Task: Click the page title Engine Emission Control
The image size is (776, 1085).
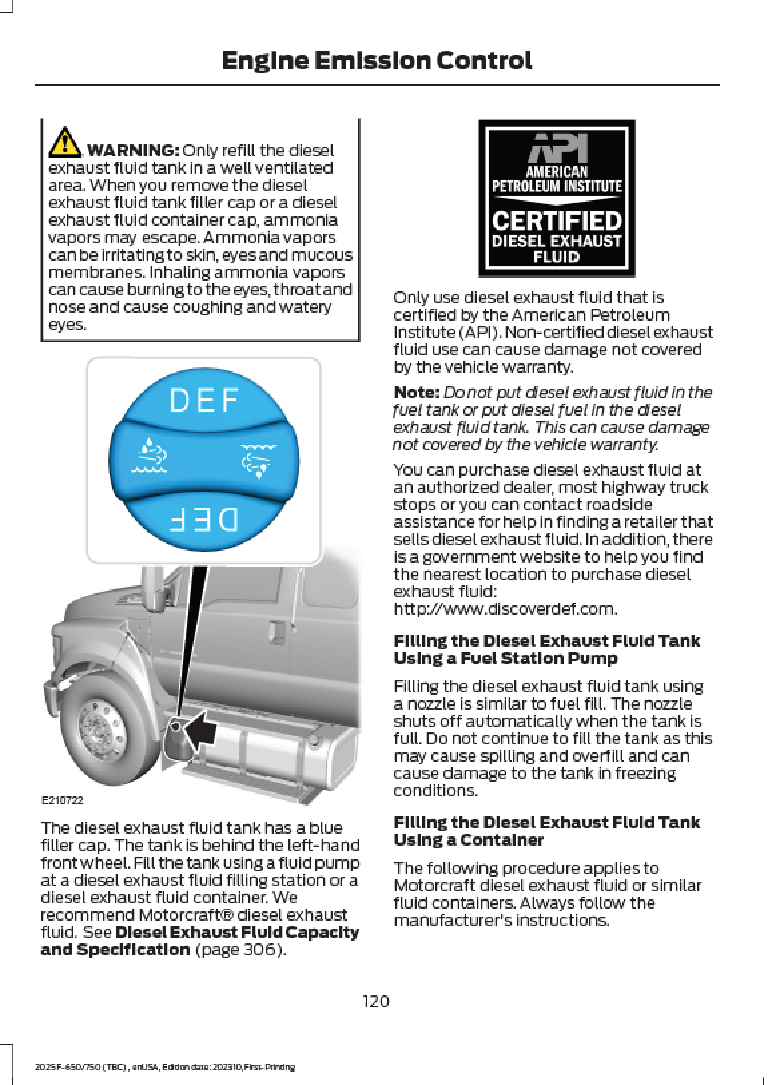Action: point(376,61)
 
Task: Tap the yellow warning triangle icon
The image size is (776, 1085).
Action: point(65,140)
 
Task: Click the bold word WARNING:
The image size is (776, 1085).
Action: point(133,150)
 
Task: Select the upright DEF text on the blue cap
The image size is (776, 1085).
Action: point(204,401)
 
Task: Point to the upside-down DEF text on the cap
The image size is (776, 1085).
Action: point(204,519)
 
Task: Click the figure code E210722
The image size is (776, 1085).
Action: point(63,800)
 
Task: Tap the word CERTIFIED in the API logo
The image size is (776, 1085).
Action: point(557,220)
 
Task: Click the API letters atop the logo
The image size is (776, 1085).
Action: point(558,147)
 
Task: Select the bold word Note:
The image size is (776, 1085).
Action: point(416,392)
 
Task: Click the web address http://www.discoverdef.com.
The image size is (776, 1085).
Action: point(505,609)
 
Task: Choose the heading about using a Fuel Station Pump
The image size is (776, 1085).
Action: point(546,649)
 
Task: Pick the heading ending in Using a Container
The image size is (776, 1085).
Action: point(546,831)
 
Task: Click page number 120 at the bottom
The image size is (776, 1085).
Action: point(376,1001)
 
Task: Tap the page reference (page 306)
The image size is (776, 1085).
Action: point(240,949)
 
